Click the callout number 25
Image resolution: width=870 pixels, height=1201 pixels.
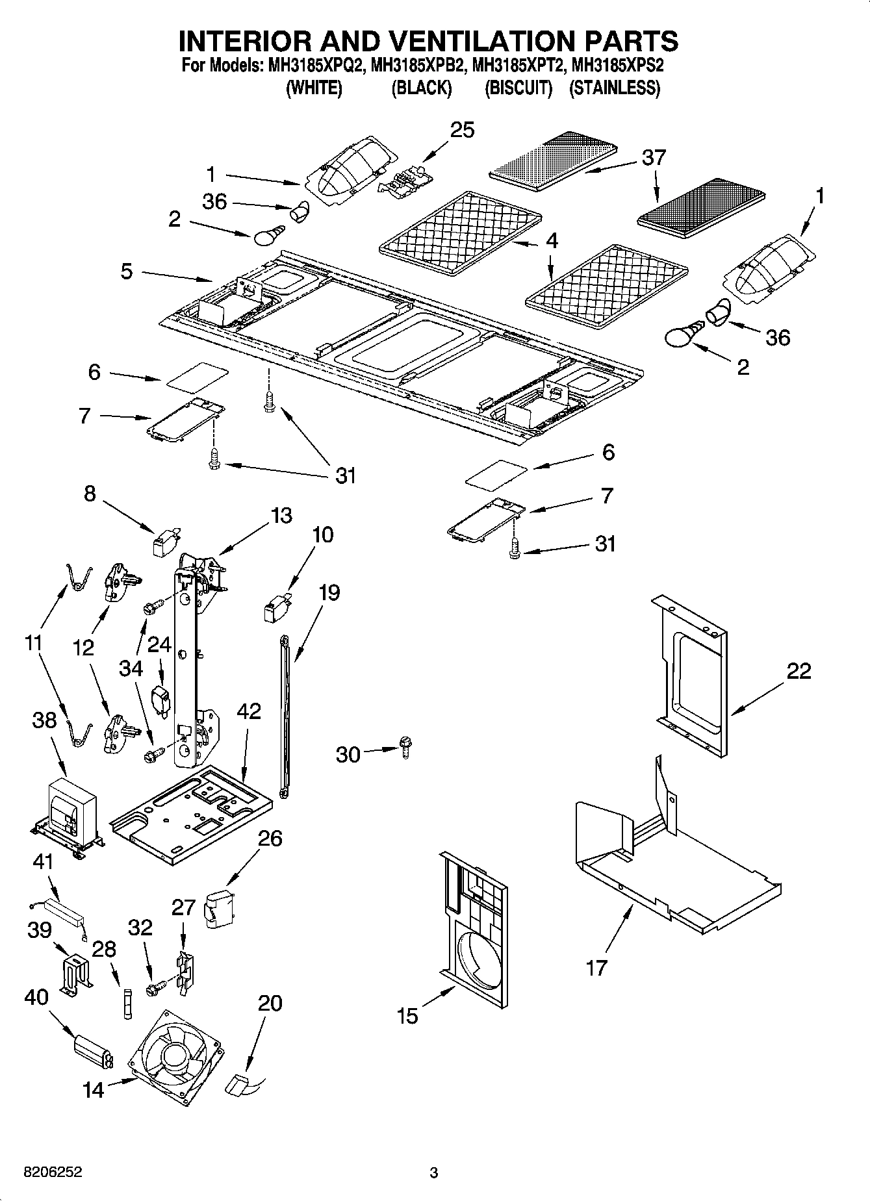tap(463, 130)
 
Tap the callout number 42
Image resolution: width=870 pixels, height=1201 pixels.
tap(248, 711)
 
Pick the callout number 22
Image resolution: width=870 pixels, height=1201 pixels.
tap(799, 671)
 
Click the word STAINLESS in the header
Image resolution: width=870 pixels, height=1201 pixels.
tap(615, 88)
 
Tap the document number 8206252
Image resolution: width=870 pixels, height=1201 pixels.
tap(44, 1173)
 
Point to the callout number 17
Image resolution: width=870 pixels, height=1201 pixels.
tap(596, 968)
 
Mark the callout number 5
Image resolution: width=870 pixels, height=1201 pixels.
tap(127, 272)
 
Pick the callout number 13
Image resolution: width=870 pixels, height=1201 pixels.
tap(281, 516)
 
